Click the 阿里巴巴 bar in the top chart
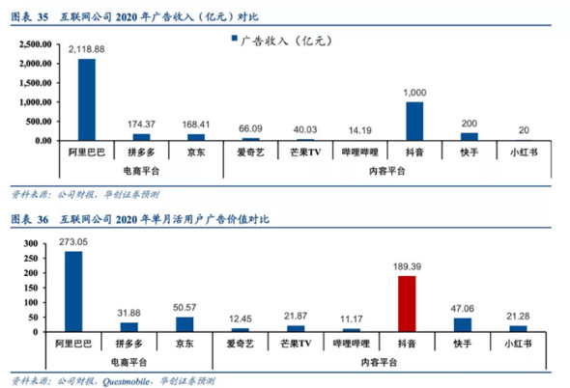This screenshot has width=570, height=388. tap(88, 99)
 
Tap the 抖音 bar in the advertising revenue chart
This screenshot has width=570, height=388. tap(414, 121)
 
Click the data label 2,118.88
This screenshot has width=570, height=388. tap(88, 49)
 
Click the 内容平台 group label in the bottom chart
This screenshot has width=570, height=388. tap(385, 360)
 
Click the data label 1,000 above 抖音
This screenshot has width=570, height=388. tap(414, 92)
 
